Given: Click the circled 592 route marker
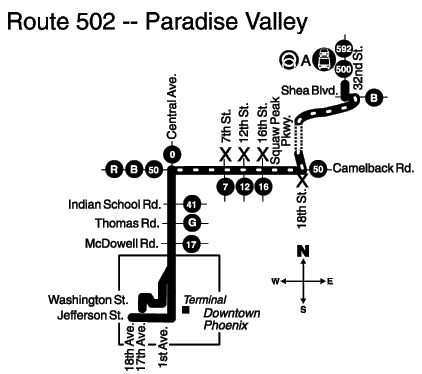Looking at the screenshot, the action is point(344,49).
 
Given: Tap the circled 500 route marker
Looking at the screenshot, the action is point(344,69).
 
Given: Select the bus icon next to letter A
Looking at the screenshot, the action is point(324,59).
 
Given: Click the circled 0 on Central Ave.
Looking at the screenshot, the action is point(172,155).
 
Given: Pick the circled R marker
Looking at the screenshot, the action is point(114,170).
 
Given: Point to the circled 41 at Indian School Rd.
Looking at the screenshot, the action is point(191,204).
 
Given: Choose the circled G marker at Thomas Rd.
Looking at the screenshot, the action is point(192,223).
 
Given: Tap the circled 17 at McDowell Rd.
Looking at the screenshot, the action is point(191,244).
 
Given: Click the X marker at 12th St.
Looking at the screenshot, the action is point(244,154).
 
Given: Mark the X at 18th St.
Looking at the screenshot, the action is point(302,180).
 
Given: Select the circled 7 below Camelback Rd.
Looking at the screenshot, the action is point(225,187).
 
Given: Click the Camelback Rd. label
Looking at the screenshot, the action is point(373,168).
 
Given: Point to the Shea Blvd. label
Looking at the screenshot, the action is point(310,90).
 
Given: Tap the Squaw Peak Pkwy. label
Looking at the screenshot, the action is point(281,130).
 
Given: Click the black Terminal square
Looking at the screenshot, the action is point(186,310).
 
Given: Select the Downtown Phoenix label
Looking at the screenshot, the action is point(231,319).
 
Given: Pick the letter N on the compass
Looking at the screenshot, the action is point(303,251).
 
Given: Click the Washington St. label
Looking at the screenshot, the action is point(88,300).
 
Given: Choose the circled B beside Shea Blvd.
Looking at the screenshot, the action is point(374,98).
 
